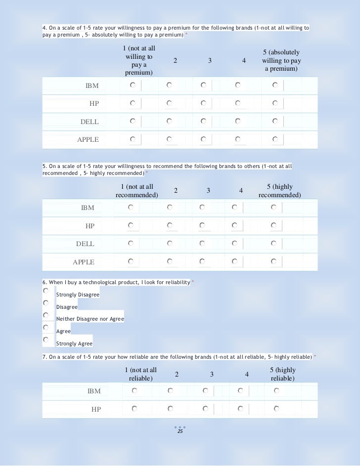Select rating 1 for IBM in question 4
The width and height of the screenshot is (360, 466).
click(x=133, y=85)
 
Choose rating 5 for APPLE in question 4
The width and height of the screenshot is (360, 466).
click(x=275, y=139)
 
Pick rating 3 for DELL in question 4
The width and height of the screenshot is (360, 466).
click(x=204, y=121)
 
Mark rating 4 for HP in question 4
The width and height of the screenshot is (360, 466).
click(x=238, y=103)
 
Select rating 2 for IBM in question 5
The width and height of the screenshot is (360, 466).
click(x=170, y=207)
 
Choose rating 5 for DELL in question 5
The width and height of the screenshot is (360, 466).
click(x=273, y=243)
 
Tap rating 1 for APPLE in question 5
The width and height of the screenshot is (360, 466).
click(x=131, y=261)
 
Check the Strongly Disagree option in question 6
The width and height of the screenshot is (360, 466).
click(x=45, y=291)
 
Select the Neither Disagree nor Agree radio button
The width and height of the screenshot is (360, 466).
click(x=45, y=315)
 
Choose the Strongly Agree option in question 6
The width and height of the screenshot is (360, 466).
click(x=45, y=339)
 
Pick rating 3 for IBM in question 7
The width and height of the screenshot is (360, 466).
click(x=205, y=390)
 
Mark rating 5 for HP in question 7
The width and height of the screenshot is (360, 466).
click(x=276, y=409)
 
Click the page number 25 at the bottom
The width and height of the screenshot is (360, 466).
click(x=180, y=432)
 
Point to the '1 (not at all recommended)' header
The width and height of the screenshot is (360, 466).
click(x=137, y=191)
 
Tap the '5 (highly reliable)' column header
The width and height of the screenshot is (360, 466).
click(x=282, y=374)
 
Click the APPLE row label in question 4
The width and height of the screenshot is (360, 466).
click(x=88, y=140)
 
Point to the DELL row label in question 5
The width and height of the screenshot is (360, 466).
click(x=85, y=244)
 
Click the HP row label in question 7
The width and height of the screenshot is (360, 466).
click(x=96, y=409)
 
